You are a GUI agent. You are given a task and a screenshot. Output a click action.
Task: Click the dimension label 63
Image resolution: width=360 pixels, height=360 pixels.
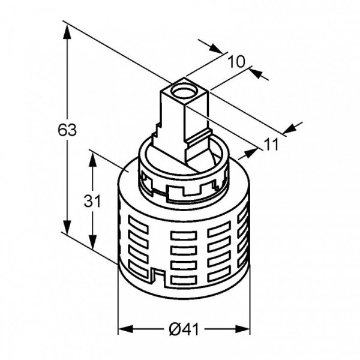pyautogui.click(x=67, y=130)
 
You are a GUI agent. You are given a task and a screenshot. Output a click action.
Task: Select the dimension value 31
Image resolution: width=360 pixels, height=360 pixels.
pyautogui.click(x=92, y=201)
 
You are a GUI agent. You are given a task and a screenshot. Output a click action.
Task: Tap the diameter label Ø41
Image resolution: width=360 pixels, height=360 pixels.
pyautogui.click(x=184, y=329)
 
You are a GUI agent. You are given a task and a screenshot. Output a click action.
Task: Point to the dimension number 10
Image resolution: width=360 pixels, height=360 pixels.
pyautogui.click(x=236, y=62)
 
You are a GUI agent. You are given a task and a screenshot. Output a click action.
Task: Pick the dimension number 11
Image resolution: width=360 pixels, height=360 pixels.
pyautogui.click(x=271, y=145)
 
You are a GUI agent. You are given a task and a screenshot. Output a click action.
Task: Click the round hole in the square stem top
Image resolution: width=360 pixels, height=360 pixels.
pyautogui.click(x=184, y=90)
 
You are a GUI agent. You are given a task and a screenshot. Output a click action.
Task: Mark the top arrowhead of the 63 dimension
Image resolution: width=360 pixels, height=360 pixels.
pyautogui.click(x=67, y=33)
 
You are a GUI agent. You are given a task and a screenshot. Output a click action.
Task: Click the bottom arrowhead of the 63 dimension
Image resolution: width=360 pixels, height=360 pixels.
pyautogui.click(x=67, y=227)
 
